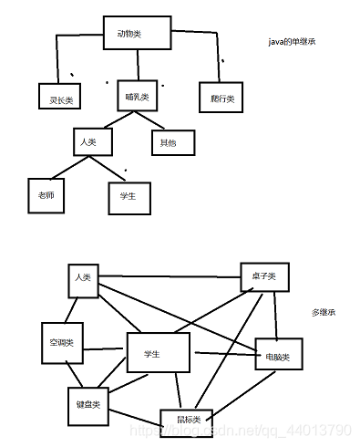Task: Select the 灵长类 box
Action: tap(56, 96)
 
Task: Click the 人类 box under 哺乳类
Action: tap(90, 141)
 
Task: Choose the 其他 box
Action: tap(170, 142)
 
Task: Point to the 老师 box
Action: tap(46, 194)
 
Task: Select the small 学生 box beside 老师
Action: tap(127, 194)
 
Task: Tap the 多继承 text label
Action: tap(324, 313)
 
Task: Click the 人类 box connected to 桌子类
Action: tap(83, 277)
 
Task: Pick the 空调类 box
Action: tap(61, 344)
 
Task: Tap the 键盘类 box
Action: tap(87, 402)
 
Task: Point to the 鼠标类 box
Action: tap(186, 419)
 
